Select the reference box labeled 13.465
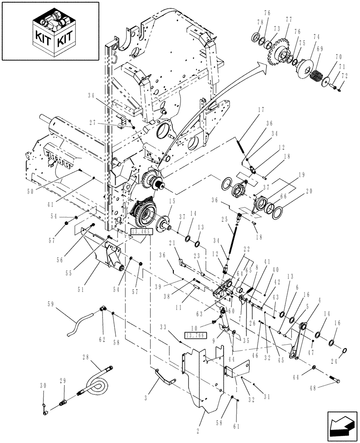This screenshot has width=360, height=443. coord(141,231)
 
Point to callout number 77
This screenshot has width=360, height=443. coord(289,19)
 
